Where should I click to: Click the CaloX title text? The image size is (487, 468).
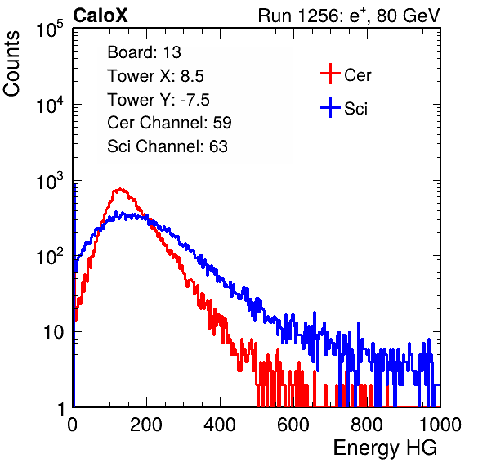click(x=100, y=16)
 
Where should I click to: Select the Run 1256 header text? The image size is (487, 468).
click(x=349, y=16)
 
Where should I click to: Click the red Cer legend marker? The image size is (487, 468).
click(x=330, y=74)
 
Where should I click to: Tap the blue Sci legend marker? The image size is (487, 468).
click(x=330, y=107)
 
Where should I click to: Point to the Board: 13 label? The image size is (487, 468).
click(x=144, y=52)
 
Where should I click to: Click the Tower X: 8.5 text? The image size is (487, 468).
click(x=155, y=76)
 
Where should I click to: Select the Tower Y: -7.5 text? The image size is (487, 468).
click(x=159, y=100)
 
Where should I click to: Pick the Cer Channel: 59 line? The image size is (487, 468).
click(x=169, y=123)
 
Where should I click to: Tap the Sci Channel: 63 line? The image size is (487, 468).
click(x=168, y=146)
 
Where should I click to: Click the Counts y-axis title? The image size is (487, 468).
click(x=11, y=64)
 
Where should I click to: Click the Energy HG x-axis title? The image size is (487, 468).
click(x=385, y=448)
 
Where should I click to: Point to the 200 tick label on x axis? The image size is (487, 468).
click(x=146, y=425)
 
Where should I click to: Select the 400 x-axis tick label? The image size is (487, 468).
click(x=220, y=425)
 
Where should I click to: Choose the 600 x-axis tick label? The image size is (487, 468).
click(x=293, y=425)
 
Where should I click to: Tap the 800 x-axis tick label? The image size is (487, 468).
click(x=367, y=425)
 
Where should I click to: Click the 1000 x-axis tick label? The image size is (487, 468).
click(x=440, y=425)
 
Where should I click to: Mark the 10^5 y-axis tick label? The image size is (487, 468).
click(x=50, y=29)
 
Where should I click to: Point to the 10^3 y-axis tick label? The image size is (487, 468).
click(x=50, y=181)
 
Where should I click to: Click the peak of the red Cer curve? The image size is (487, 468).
click(x=120, y=189)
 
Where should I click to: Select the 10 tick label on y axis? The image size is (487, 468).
click(x=54, y=332)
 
